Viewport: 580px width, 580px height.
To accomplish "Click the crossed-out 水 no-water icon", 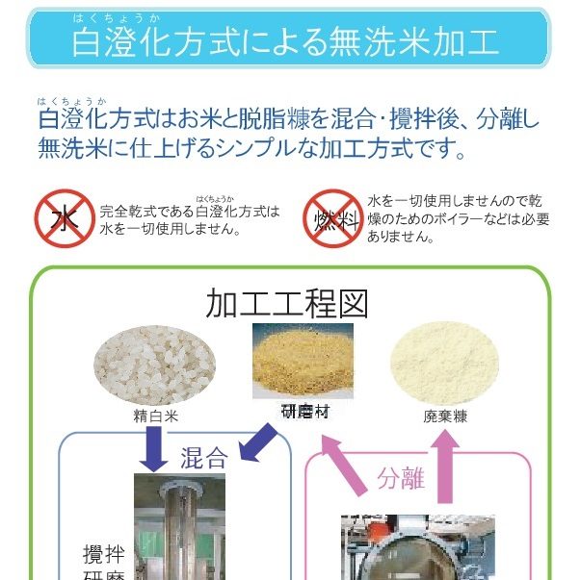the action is click(x=65, y=218).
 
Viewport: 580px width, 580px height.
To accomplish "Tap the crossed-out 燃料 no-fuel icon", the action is click(x=333, y=218).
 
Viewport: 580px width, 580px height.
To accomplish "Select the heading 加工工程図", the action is click(x=287, y=304).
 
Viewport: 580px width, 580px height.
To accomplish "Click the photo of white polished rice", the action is click(x=154, y=366).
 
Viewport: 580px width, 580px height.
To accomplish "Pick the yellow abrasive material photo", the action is click(x=303, y=361).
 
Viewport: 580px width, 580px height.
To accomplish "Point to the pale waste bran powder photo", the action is click(x=444, y=364).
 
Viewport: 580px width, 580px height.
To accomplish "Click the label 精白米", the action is click(x=156, y=416).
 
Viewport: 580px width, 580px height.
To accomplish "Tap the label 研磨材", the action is click(x=305, y=412).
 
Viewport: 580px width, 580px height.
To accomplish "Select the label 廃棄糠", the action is click(x=445, y=416).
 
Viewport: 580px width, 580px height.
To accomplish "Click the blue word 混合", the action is click(x=203, y=458).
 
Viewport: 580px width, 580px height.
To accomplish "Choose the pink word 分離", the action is click(x=401, y=478).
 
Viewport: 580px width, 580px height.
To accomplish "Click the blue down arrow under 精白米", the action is click(x=153, y=449).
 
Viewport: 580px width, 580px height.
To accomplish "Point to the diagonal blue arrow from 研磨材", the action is click(x=258, y=442).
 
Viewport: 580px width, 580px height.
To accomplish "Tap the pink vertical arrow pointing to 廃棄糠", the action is click(x=445, y=467).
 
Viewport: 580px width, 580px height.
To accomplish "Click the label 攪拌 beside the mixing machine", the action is click(x=104, y=554).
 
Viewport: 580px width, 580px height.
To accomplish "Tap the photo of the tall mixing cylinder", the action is click(x=179, y=527).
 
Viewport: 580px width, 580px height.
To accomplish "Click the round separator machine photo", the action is click(x=418, y=547).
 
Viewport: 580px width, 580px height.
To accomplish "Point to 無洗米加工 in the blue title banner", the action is click(x=413, y=43).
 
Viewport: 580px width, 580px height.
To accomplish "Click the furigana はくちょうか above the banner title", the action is click(x=117, y=18).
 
